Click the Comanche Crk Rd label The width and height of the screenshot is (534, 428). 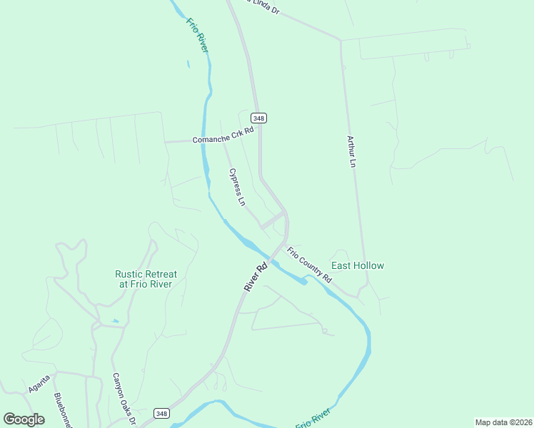223,136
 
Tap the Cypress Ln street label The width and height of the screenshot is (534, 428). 237,187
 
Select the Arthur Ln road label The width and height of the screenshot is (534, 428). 351,151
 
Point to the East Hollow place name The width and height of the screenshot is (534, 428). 358,265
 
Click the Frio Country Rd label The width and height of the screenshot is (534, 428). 310,264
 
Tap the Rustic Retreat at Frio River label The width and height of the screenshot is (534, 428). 146,279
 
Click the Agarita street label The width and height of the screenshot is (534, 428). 39,386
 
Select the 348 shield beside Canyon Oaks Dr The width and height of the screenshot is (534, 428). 162,414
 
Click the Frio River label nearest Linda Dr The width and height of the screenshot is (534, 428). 198,34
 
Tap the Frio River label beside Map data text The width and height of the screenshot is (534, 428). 313,418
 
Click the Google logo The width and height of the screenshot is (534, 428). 24,419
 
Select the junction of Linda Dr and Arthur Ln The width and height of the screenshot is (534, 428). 341,40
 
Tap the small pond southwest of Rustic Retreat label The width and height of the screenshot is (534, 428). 116,322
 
